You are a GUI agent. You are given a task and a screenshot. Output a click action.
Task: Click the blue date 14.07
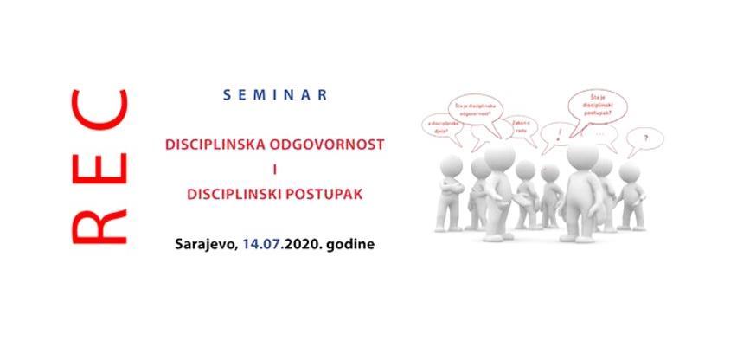[x=267, y=246]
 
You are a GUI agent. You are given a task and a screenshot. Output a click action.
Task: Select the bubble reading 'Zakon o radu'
[x=518, y=127]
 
